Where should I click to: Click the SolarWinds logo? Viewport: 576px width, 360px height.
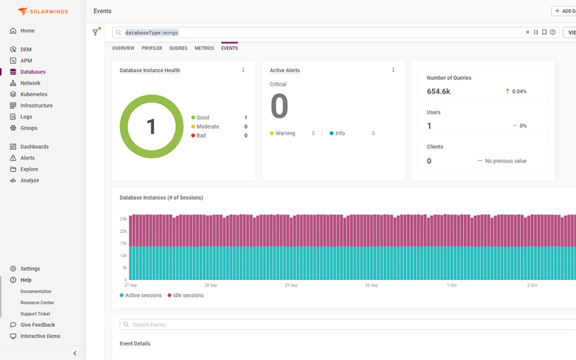[42, 11]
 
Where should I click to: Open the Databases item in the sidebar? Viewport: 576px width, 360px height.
[32, 72]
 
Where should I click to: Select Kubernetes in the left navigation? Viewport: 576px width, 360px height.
[34, 95]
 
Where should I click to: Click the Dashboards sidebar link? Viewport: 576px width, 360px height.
[34, 147]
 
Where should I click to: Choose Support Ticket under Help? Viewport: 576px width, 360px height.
[35, 314]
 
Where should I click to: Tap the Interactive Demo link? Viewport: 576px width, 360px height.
[40, 337]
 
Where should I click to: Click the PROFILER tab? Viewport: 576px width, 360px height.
[152, 48]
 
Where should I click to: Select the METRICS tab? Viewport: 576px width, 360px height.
[204, 48]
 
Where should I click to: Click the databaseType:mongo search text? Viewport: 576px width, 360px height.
[152, 32]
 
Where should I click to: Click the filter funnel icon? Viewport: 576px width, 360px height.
[96, 32]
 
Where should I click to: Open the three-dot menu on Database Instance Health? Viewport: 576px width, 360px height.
[244, 70]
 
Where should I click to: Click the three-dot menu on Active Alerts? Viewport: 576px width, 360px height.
[393, 70]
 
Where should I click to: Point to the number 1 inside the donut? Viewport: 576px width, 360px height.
[151, 126]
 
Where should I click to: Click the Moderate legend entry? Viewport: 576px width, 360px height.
[207, 127]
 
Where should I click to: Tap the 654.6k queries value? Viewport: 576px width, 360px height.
[439, 91]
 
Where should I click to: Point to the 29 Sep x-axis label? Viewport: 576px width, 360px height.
[291, 285]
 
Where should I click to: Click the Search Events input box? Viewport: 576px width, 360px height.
[346, 325]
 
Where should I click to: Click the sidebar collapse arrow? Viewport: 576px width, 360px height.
[75, 353]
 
